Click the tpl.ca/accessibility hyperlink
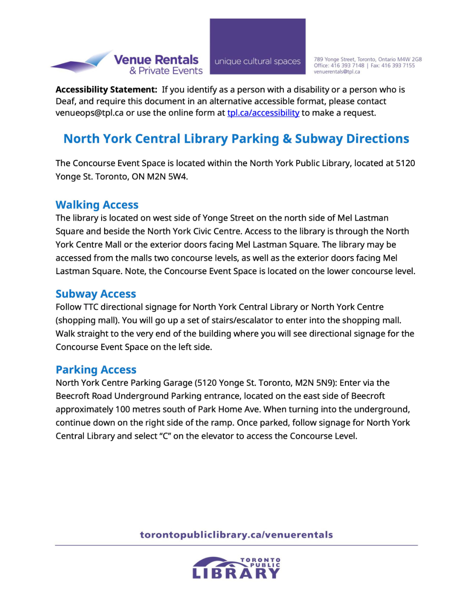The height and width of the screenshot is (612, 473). (263, 113)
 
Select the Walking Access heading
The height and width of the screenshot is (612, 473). (97, 205)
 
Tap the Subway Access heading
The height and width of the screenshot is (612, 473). (96, 294)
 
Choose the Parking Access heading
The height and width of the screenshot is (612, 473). (96, 370)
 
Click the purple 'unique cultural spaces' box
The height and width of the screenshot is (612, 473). (257, 47)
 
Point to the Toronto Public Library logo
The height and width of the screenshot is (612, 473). (236, 568)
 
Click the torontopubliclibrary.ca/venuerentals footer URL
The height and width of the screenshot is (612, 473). (236, 535)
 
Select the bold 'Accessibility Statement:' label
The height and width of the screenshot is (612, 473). (106, 90)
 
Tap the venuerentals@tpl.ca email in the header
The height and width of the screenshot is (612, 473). (337, 72)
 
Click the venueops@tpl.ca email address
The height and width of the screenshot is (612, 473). (89, 113)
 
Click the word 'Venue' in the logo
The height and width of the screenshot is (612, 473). (133, 60)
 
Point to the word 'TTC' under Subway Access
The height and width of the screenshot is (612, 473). (91, 307)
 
